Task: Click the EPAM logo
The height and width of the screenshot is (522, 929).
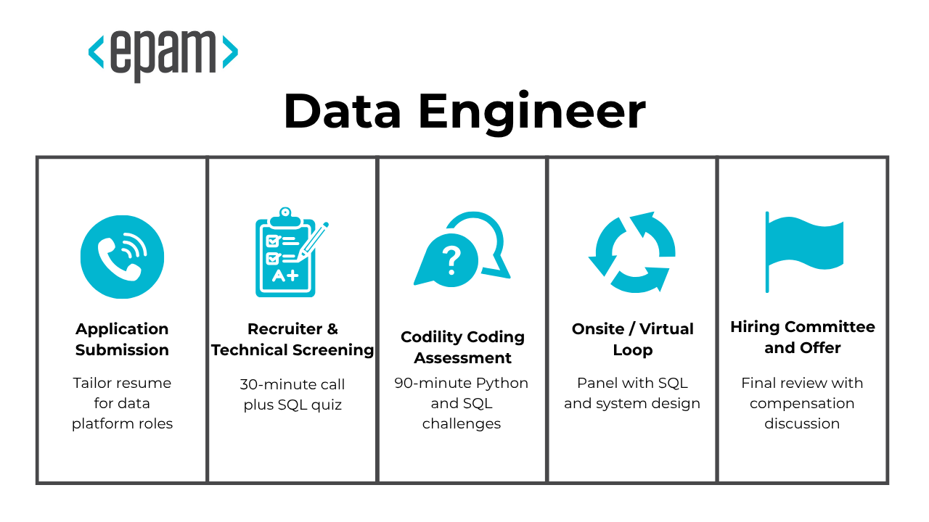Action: [x=163, y=54]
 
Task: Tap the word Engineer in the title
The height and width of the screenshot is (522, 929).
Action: [x=531, y=112]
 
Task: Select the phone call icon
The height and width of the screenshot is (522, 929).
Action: [x=122, y=257]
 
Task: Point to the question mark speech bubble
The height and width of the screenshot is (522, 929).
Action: [x=451, y=260]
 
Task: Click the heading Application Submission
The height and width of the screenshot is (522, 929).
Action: [x=122, y=339]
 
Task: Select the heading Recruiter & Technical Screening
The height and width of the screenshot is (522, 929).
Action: [x=292, y=339]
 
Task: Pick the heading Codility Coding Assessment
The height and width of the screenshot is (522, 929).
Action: [x=462, y=347]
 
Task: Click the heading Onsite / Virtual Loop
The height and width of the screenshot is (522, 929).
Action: [x=632, y=339]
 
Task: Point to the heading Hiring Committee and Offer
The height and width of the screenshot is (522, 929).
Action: [x=802, y=337]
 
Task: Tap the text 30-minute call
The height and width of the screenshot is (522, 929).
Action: [x=292, y=384]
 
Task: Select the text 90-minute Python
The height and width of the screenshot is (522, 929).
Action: [x=461, y=383]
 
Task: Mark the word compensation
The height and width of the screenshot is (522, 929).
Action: [x=802, y=403]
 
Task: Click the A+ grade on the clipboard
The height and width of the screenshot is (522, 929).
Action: [x=284, y=275]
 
